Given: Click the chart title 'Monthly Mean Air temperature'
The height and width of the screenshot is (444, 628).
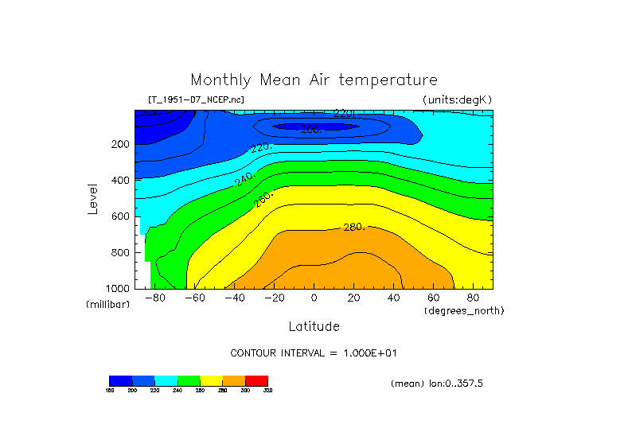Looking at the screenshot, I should [314, 80].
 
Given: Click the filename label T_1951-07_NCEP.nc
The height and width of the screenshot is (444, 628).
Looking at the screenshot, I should [196, 99].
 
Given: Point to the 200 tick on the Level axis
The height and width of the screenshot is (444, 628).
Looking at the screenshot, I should [121, 145].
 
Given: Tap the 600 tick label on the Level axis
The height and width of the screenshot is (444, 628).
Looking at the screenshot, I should [121, 216].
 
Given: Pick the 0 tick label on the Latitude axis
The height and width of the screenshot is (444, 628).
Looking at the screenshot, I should [314, 298].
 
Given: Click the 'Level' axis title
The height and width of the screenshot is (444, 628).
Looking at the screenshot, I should [94, 199].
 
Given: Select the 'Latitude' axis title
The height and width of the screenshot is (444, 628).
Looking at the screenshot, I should [314, 326].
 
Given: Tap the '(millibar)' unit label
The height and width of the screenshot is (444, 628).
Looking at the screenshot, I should [107, 305].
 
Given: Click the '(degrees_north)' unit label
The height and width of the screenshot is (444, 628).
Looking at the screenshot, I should [464, 310].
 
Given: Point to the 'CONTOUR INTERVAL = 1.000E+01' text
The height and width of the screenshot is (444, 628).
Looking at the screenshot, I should [314, 352].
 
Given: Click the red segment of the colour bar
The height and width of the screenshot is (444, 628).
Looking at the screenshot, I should [256, 380].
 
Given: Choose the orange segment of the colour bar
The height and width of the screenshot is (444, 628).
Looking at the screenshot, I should [234, 380].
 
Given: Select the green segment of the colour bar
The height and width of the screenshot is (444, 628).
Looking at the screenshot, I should [189, 380].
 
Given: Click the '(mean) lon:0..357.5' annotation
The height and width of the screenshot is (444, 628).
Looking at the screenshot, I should [437, 384].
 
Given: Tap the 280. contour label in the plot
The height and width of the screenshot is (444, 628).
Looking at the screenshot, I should [353, 228].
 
